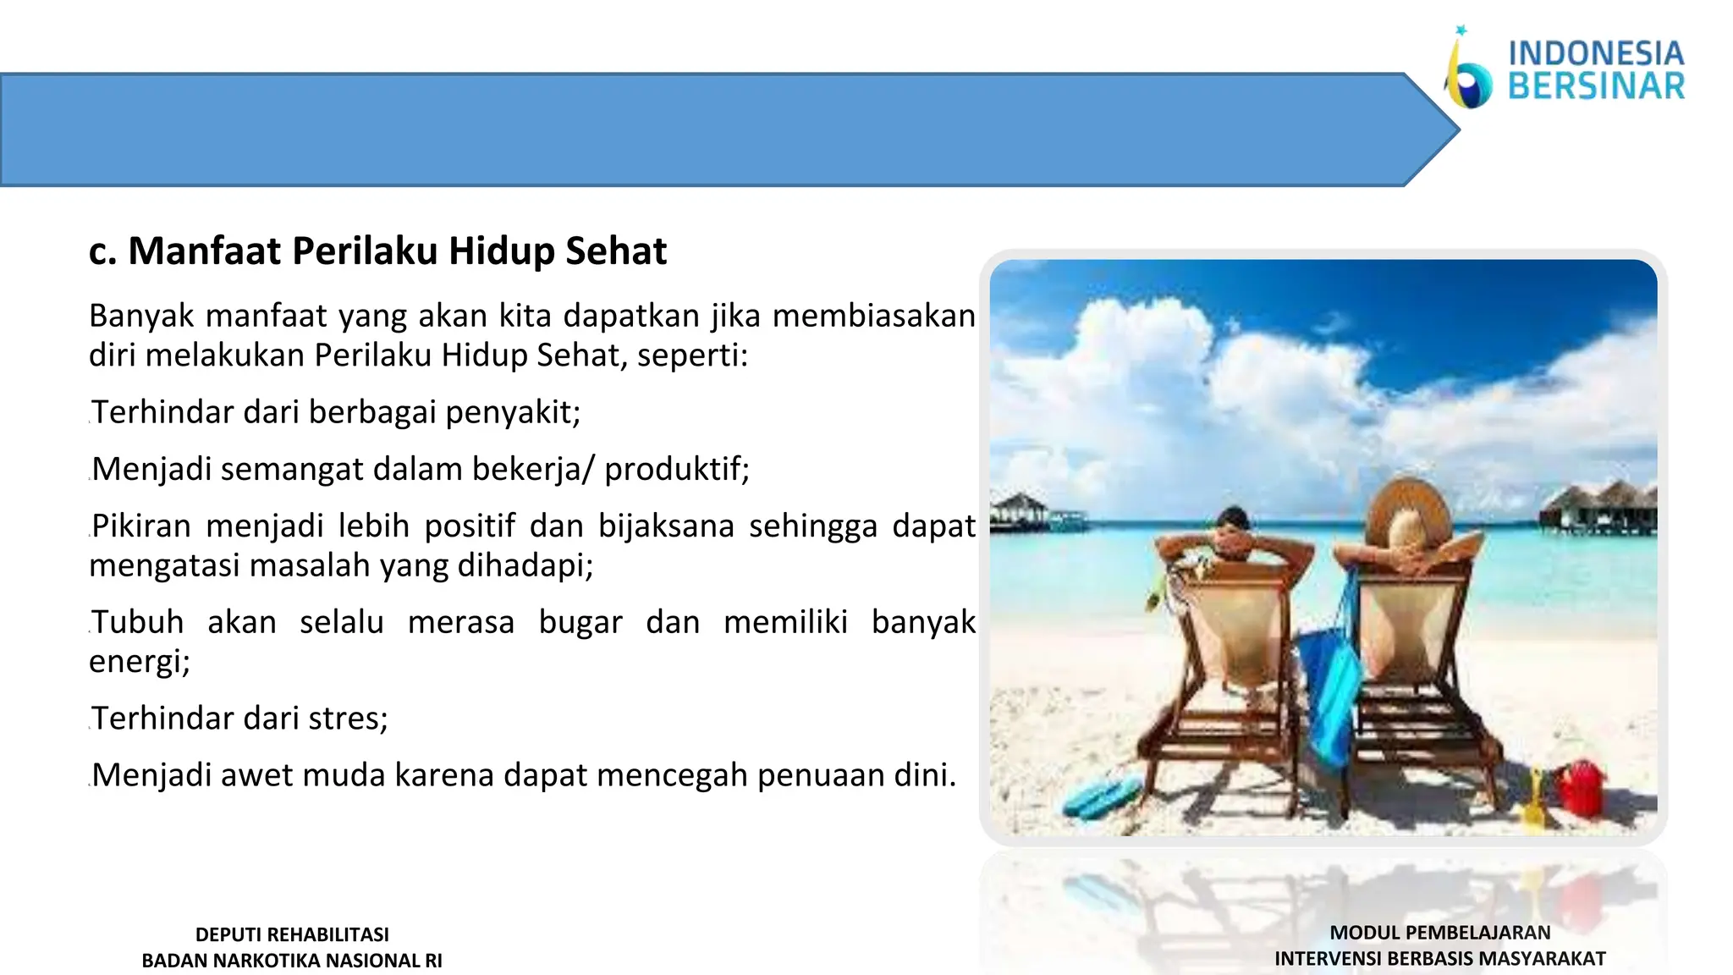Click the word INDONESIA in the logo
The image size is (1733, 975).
[1596, 53]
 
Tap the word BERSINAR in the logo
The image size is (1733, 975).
[1596, 86]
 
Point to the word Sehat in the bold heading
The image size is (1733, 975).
[616, 251]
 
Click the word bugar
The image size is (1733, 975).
[580, 623]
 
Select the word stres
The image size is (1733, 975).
[348, 719]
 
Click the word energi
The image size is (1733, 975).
[139, 662]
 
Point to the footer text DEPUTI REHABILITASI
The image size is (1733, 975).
[292, 934]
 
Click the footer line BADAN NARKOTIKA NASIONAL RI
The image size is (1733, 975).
[292, 961]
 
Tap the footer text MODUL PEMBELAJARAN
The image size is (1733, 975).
[1440, 933]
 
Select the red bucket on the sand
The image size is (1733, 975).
[1581, 788]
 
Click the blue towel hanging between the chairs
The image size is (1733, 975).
[1331, 677]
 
